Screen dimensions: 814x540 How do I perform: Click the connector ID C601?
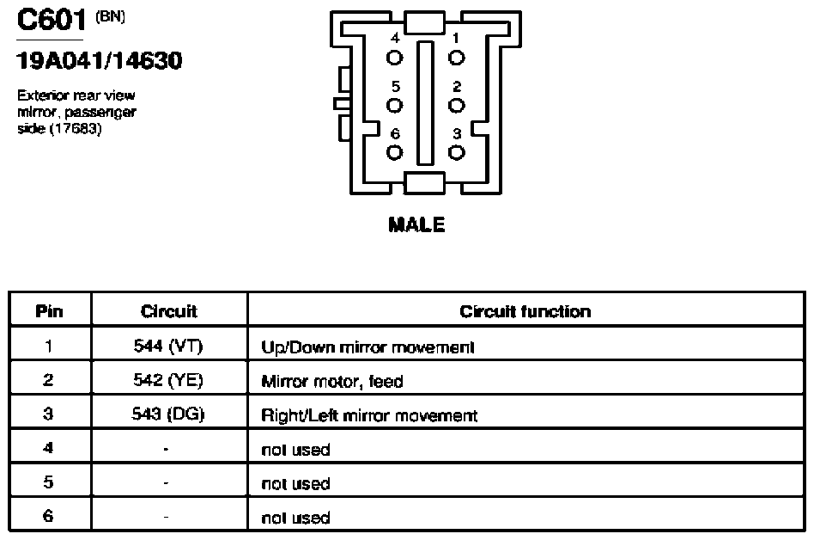pyautogui.click(x=52, y=21)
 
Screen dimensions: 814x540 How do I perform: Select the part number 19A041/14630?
pyautogui.click(x=100, y=61)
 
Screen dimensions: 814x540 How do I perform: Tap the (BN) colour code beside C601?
pyautogui.click(x=110, y=16)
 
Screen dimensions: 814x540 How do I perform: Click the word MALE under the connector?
pyautogui.click(x=416, y=224)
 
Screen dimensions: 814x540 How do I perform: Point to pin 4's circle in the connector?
pyautogui.click(x=394, y=58)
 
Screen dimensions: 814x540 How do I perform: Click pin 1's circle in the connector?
pyautogui.click(x=456, y=58)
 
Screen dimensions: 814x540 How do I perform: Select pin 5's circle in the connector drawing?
pyautogui.click(x=394, y=106)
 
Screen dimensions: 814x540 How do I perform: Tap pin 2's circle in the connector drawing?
pyautogui.click(x=456, y=106)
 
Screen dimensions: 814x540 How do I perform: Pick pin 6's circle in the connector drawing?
pyautogui.click(x=394, y=153)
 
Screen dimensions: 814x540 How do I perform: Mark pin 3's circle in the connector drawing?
pyautogui.click(x=456, y=153)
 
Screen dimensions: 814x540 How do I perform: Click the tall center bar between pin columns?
pyautogui.click(x=425, y=103)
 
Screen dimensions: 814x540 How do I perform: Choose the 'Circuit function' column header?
pyautogui.click(x=525, y=311)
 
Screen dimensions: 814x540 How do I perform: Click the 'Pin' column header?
pyautogui.click(x=49, y=311)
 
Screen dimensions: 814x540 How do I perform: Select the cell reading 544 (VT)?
pyautogui.click(x=168, y=347)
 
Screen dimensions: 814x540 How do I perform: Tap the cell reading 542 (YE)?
pyautogui.click(x=168, y=380)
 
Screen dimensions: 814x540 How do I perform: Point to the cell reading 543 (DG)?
pyautogui.click(x=168, y=414)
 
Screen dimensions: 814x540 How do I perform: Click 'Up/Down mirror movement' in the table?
pyautogui.click(x=368, y=347)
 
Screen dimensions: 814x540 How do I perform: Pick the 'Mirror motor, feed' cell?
pyautogui.click(x=332, y=382)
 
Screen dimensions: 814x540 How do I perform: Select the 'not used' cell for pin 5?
pyautogui.click(x=295, y=484)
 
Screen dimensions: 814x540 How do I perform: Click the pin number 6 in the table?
pyautogui.click(x=48, y=516)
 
